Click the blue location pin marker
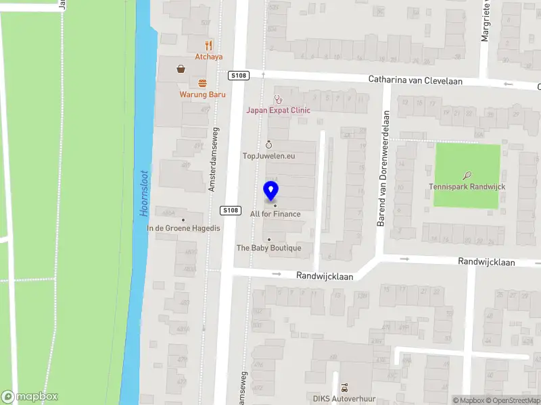click(270, 191)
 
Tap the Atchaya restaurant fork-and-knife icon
click(208, 46)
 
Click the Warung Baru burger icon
click(202, 83)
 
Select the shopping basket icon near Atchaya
click(181, 68)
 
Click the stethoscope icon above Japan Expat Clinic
click(277, 99)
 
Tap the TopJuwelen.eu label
click(269, 156)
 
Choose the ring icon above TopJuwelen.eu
click(268, 144)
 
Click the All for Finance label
click(275, 214)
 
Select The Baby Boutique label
click(268, 248)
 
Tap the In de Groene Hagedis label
click(184, 228)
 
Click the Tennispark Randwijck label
click(467, 186)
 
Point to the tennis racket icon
click(467, 175)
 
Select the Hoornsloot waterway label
click(144, 192)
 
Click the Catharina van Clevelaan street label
click(415, 80)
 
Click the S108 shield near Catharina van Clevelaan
click(237, 75)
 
